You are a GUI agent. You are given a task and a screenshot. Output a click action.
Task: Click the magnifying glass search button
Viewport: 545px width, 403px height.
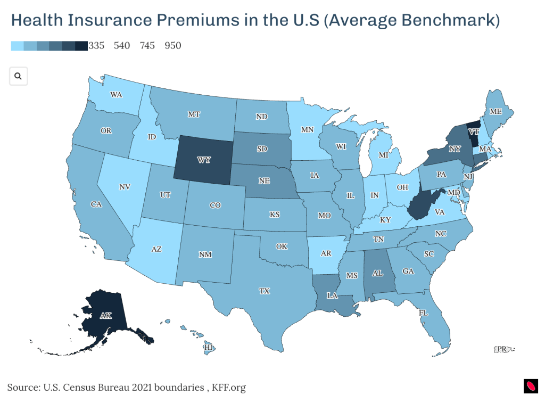[18, 76]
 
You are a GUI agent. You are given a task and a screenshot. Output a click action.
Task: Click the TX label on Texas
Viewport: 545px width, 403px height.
[264, 291]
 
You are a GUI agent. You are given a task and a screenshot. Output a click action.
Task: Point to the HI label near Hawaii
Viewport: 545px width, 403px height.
[209, 347]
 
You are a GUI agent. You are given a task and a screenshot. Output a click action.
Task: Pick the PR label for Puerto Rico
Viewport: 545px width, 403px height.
[501, 349]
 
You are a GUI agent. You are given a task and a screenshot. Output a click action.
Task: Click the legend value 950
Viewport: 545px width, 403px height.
[173, 46]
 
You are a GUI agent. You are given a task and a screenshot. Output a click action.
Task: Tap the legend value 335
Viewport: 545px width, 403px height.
[96, 46]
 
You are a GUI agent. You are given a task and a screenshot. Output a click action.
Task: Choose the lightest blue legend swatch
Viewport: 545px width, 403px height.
[17, 46]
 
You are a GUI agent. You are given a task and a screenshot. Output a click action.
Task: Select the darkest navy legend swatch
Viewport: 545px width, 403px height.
[81, 46]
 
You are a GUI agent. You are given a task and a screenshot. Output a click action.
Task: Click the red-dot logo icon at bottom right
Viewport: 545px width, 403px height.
[531, 386]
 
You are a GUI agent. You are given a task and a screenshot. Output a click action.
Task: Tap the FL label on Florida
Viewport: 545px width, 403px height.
[423, 313]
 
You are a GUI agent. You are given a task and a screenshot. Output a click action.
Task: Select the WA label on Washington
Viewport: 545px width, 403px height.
[117, 95]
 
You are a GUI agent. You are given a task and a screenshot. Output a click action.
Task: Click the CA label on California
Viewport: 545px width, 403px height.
[96, 204]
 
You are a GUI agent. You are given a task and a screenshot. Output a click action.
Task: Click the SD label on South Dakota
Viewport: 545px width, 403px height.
[262, 149]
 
